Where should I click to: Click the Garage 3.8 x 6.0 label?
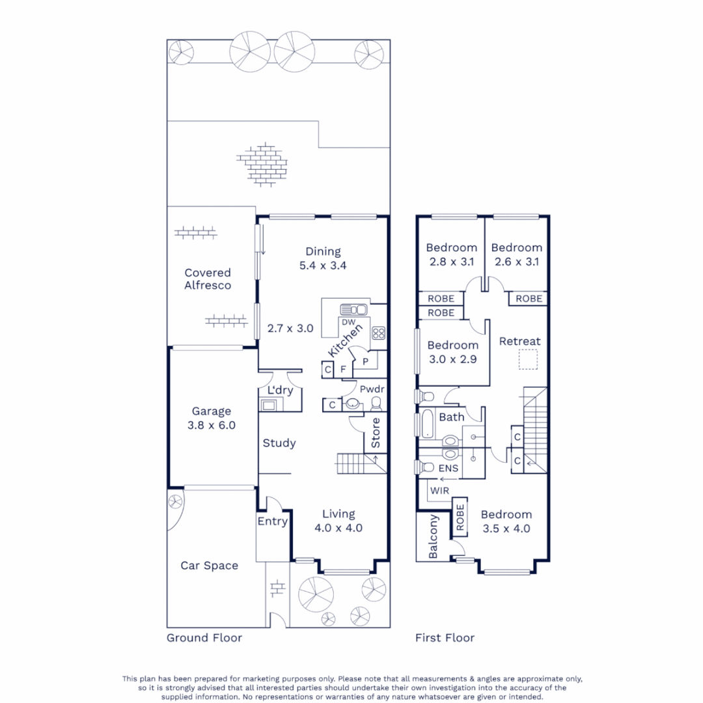[x=212, y=418]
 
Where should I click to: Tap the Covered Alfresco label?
[x=208, y=279]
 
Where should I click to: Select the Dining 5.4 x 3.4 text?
[x=324, y=258]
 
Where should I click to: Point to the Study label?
[x=279, y=443]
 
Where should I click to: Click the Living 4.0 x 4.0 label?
[x=338, y=521]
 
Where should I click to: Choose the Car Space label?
[x=209, y=566]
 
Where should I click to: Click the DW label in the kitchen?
[x=348, y=322]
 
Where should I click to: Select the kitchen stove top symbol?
[x=378, y=333]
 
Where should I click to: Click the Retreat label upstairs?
[x=520, y=341]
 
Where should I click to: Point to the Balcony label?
[x=434, y=537]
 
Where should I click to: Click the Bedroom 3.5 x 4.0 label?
[x=506, y=521]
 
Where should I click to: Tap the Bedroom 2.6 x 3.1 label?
[x=517, y=255]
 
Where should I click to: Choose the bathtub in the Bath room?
[x=428, y=424]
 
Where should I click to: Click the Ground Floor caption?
[x=204, y=637]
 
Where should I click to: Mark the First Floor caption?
[x=445, y=637]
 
